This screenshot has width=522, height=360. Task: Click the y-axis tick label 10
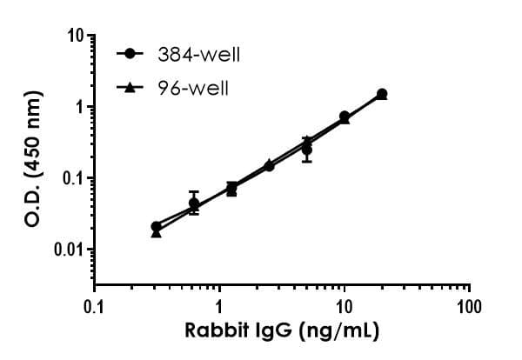(76, 37)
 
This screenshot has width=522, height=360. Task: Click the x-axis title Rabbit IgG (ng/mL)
(282, 331)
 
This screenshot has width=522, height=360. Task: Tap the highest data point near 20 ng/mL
(382, 93)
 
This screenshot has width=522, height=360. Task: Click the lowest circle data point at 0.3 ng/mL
(156, 227)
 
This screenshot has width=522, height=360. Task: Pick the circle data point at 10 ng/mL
(345, 116)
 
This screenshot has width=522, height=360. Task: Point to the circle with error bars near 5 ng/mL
(307, 150)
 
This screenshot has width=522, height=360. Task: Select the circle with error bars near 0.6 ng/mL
(194, 203)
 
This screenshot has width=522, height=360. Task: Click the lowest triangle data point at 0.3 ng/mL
(157, 233)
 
